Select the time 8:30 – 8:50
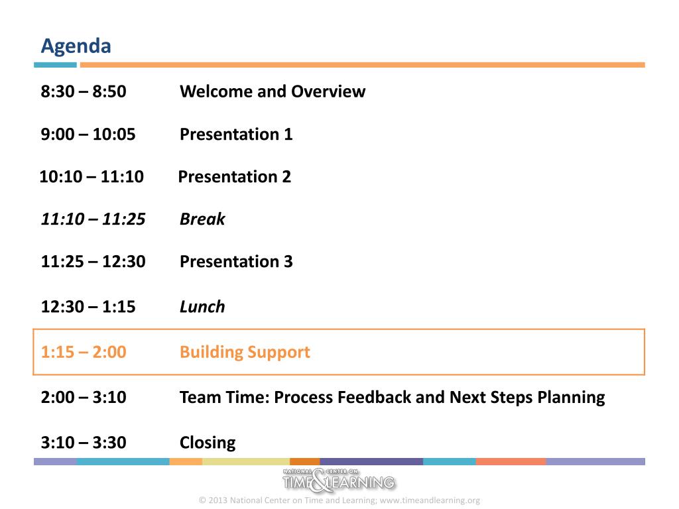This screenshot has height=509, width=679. coord(84,91)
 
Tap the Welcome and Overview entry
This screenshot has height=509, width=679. coord(273,91)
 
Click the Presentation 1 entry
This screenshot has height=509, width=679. coord(236,134)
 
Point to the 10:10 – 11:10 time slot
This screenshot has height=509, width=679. coord(92,176)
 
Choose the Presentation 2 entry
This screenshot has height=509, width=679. coord(234,176)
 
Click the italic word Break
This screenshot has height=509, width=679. coord(202,219)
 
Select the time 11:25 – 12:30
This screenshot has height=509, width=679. coord(93,261)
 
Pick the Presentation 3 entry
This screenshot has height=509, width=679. coord(236,261)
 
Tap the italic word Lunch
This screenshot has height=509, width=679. coord(202,306)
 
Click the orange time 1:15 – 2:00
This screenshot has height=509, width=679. coord(84,352)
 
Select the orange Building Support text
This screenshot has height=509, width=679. coord(245,353)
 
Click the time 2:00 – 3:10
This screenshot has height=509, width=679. coord(84,397)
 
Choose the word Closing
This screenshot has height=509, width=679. coord(208,443)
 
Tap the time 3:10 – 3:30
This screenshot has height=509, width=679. coord(84,442)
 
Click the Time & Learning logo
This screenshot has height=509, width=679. coord(339,480)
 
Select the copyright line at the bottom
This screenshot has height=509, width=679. coord(339,500)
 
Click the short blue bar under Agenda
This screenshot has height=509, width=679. coord(56,65)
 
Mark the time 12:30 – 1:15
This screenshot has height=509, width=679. coord(88,306)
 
